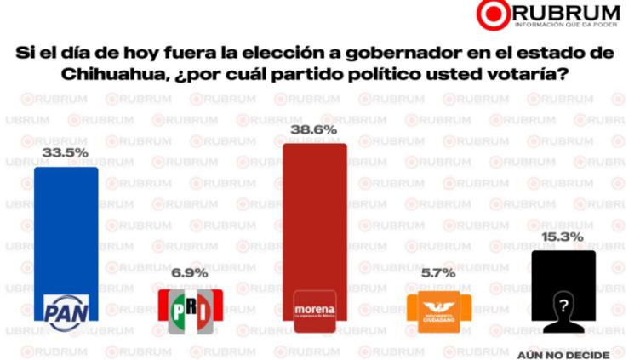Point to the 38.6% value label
[x=314, y=130]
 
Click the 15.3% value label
[x=562, y=237]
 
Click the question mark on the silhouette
[x=561, y=304]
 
